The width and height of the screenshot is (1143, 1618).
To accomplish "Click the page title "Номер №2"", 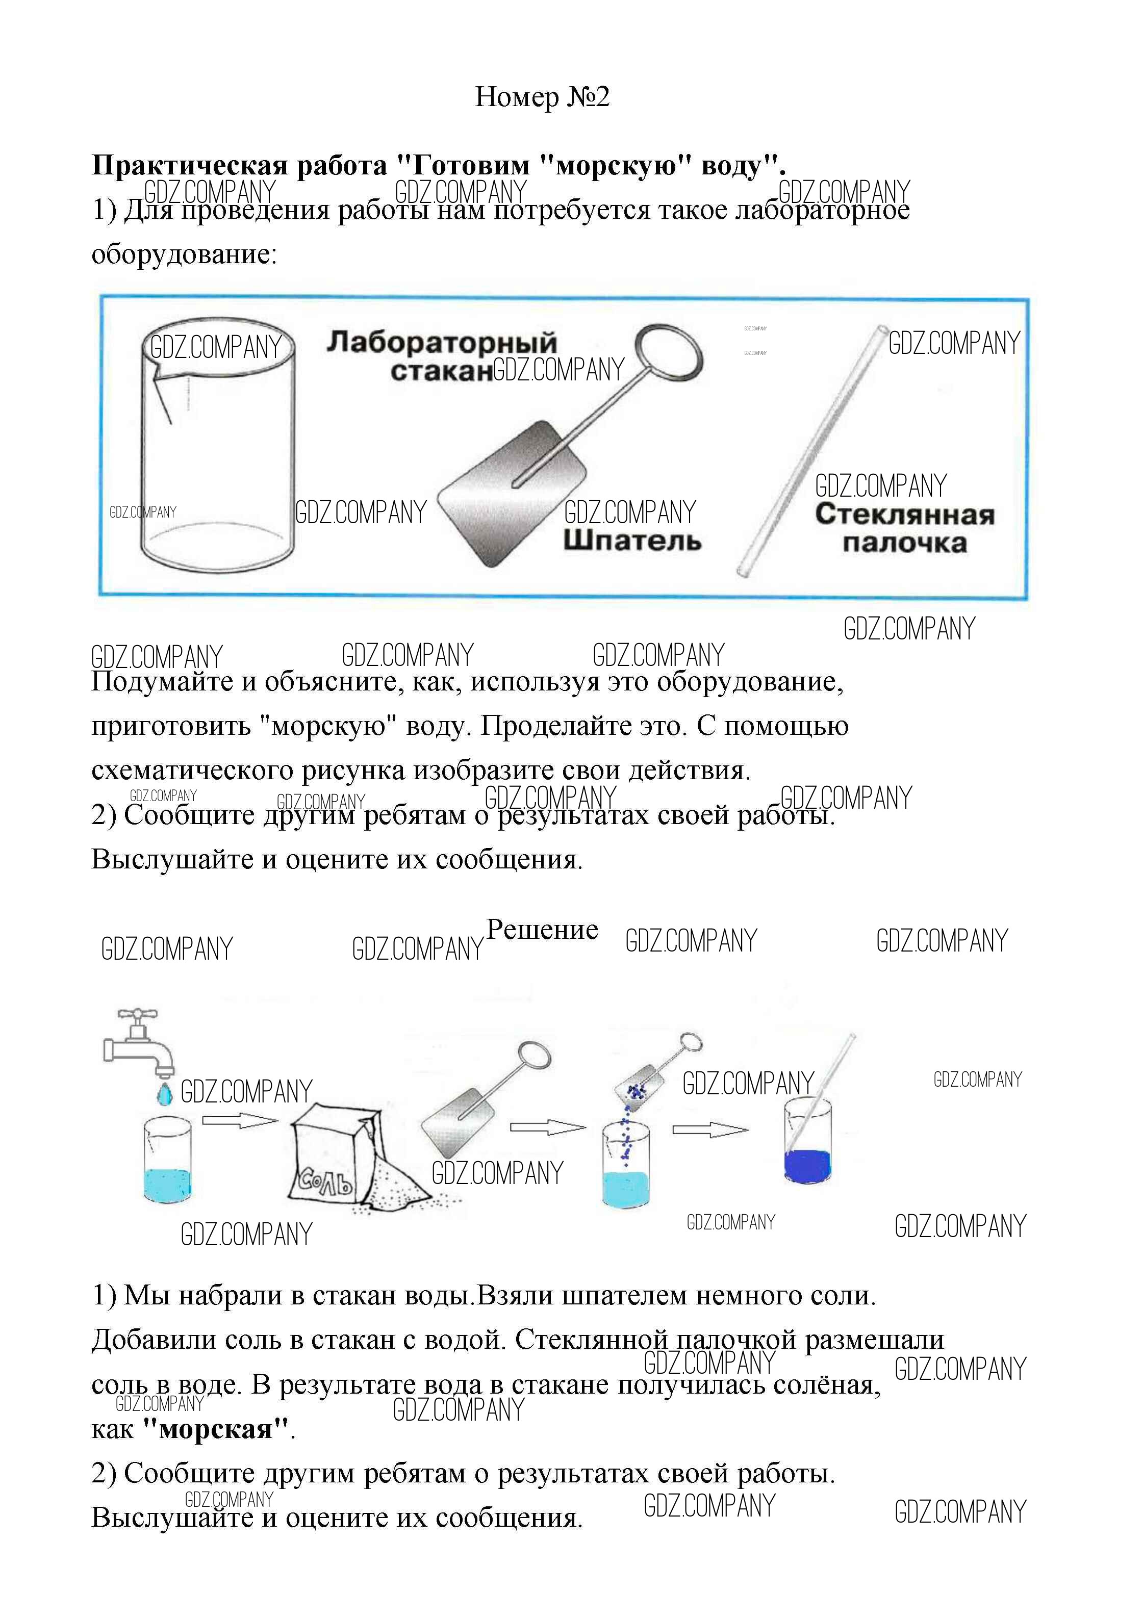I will point(541,97).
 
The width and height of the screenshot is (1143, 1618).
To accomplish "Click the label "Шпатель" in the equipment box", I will point(631,541).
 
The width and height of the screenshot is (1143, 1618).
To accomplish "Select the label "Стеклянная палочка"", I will point(904,528).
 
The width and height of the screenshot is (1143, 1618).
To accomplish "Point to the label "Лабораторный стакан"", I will point(441,356).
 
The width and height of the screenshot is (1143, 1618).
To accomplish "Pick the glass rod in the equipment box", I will point(810,451).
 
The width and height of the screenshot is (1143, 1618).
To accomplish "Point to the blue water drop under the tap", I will point(164,1094).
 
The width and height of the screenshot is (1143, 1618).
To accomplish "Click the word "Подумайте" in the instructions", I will point(159,682).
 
